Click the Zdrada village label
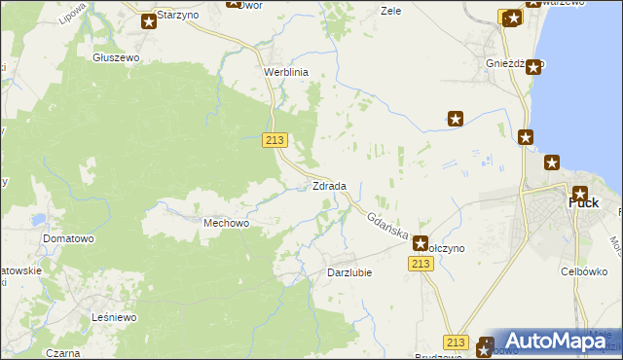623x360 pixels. (x=329, y=186)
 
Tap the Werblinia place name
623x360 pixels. (x=286, y=72)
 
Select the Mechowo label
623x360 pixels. (x=227, y=223)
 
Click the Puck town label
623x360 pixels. (x=583, y=203)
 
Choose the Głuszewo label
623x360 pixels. (x=117, y=57)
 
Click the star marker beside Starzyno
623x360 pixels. (x=149, y=20)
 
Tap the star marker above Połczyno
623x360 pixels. (x=421, y=243)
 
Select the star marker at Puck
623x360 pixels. (x=580, y=193)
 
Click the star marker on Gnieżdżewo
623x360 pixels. (x=533, y=67)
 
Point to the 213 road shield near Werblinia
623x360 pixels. (x=275, y=140)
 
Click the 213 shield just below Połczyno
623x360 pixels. (x=421, y=265)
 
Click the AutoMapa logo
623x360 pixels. (x=554, y=342)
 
